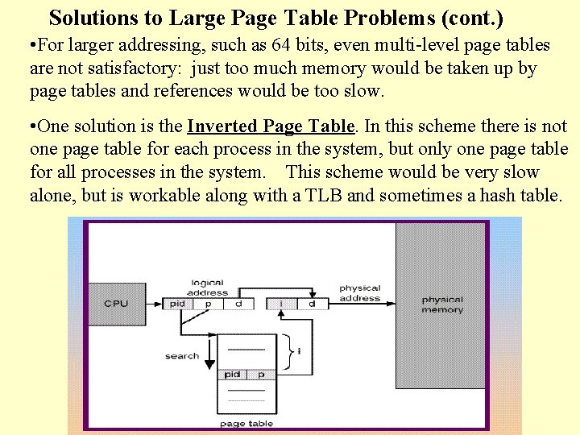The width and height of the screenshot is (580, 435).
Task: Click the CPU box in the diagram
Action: pyautogui.click(x=115, y=304)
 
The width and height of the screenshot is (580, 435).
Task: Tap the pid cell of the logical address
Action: pyautogui.click(x=177, y=304)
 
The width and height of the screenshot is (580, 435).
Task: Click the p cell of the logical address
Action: pyautogui.click(x=207, y=304)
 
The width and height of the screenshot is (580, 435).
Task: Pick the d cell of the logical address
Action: pyautogui.click(x=238, y=304)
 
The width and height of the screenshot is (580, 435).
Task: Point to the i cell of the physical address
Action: pyautogui.click(x=281, y=304)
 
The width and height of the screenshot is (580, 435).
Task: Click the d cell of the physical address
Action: pyautogui.click(x=311, y=304)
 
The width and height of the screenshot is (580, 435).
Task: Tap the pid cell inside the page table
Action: pyautogui.click(x=232, y=375)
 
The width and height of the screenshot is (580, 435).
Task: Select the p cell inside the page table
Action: pyautogui.click(x=261, y=375)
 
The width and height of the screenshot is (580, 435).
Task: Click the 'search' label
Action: pyautogui.click(x=182, y=355)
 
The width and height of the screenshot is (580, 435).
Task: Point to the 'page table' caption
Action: pyautogui.click(x=246, y=424)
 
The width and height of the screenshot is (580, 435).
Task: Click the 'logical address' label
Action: pyautogui.click(x=208, y=288)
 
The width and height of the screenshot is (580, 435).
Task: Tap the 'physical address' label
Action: pyautogui.click(x=359, y=292)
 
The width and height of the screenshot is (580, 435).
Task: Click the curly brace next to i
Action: pyautogui.click(x=291, y=350)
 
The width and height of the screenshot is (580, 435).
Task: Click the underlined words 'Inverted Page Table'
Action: pyautogui.click(x=271, y=126)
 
